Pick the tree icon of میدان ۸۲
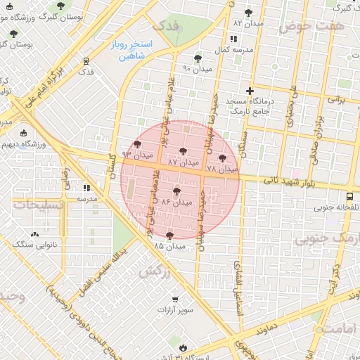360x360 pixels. tap(247, 13)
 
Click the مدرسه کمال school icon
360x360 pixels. tap(233, 39)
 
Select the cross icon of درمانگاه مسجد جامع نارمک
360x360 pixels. tap(250, 91)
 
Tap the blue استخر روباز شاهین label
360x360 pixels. tap(127, 50)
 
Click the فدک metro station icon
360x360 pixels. tap(86, 61)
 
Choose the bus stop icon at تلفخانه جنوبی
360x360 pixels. tap(350, 196)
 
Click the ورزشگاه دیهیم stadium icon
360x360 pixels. tap(25, 134)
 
